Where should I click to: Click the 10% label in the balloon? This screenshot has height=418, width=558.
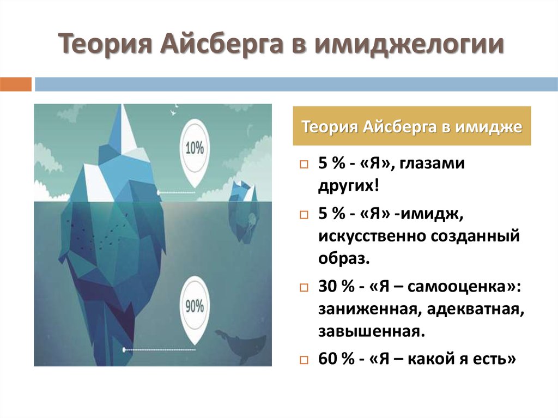195,148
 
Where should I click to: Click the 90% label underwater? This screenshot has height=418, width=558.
195,306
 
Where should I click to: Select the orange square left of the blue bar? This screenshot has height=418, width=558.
16,84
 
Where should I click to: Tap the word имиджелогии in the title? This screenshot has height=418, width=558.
409,44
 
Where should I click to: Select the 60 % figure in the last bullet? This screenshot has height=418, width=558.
336,358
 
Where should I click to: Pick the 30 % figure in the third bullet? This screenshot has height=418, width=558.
336,286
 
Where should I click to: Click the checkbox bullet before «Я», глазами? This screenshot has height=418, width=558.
304,165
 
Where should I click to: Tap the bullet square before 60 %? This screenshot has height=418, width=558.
304,360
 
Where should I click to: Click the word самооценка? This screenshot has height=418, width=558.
457,287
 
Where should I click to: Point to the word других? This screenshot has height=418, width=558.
349,186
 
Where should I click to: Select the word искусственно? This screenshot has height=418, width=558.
372,237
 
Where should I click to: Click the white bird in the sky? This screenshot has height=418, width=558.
173,112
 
